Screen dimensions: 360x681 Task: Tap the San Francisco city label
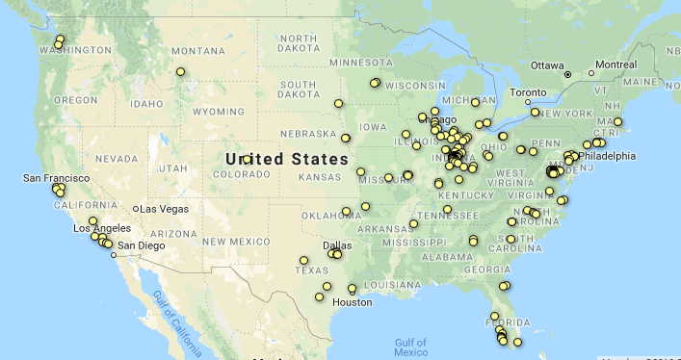point(57,179)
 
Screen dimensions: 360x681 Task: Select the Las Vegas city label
point(165,209)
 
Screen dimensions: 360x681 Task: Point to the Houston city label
point(352,302)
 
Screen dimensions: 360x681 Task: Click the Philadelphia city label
point(607,156)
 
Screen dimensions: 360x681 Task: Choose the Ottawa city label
point(547,65)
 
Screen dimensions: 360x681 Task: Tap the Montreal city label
point(616,65)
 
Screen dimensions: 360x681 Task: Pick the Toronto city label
point(528,92)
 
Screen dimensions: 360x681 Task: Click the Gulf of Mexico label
point(410,347)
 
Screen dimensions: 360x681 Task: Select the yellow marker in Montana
point(180,71)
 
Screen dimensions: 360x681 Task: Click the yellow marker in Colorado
point(248,159)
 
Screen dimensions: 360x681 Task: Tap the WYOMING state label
point(219,112)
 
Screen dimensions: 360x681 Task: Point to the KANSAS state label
point(322,178)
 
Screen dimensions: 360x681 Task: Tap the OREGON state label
point(76,99)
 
